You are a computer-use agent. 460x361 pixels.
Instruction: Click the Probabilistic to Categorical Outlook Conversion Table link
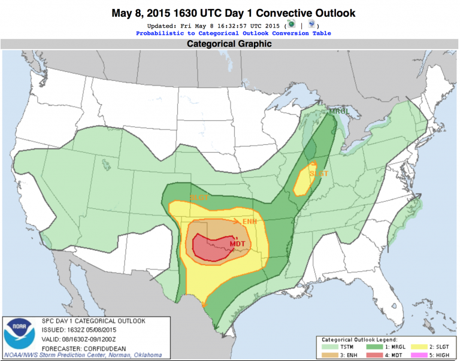[233, 34]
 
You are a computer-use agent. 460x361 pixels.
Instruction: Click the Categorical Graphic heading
[229, 44]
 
